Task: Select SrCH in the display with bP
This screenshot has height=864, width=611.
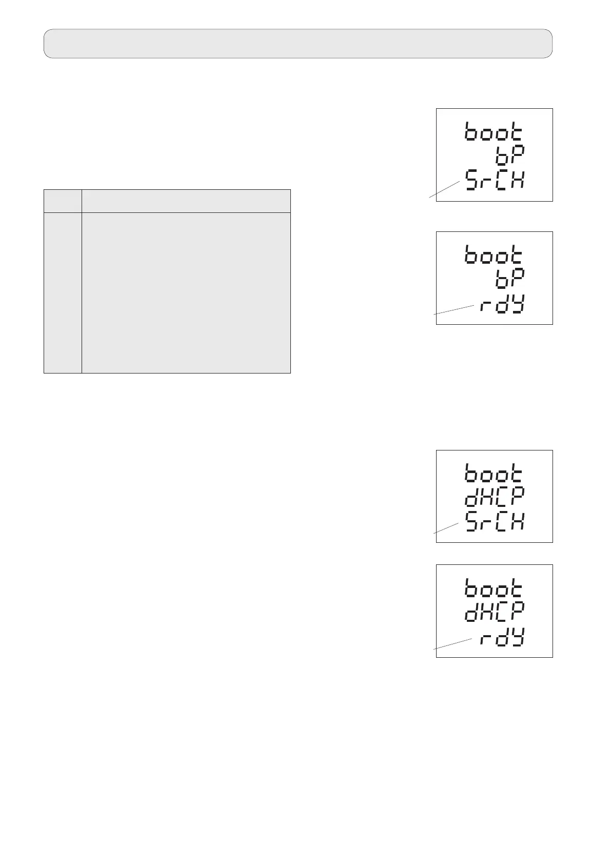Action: [495, 180]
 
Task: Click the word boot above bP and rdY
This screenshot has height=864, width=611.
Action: [494, 254]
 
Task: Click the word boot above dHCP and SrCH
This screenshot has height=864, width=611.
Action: [494, 473]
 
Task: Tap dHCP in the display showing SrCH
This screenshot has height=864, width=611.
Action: [495, 497]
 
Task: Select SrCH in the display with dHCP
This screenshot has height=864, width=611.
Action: [495, 522]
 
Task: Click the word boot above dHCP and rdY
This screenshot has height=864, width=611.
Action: [494, 587]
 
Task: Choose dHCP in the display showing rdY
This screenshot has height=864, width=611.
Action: [495, 611]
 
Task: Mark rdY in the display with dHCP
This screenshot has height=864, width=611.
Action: [502, 639]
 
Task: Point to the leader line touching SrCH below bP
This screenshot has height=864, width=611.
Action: [444, 189]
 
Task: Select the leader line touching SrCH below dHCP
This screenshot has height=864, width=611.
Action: [446, 528]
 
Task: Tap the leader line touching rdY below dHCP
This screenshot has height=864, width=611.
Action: [452, 644]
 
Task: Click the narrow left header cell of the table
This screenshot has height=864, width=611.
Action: [63, 201]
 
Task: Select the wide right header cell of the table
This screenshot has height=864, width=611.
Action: [186, 201]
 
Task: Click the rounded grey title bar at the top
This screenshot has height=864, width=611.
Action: [298, 44]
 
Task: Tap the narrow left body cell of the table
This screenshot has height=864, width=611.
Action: [63, 292]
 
